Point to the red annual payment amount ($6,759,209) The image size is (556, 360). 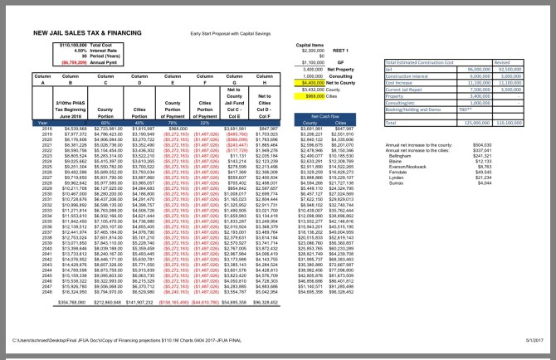74,61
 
